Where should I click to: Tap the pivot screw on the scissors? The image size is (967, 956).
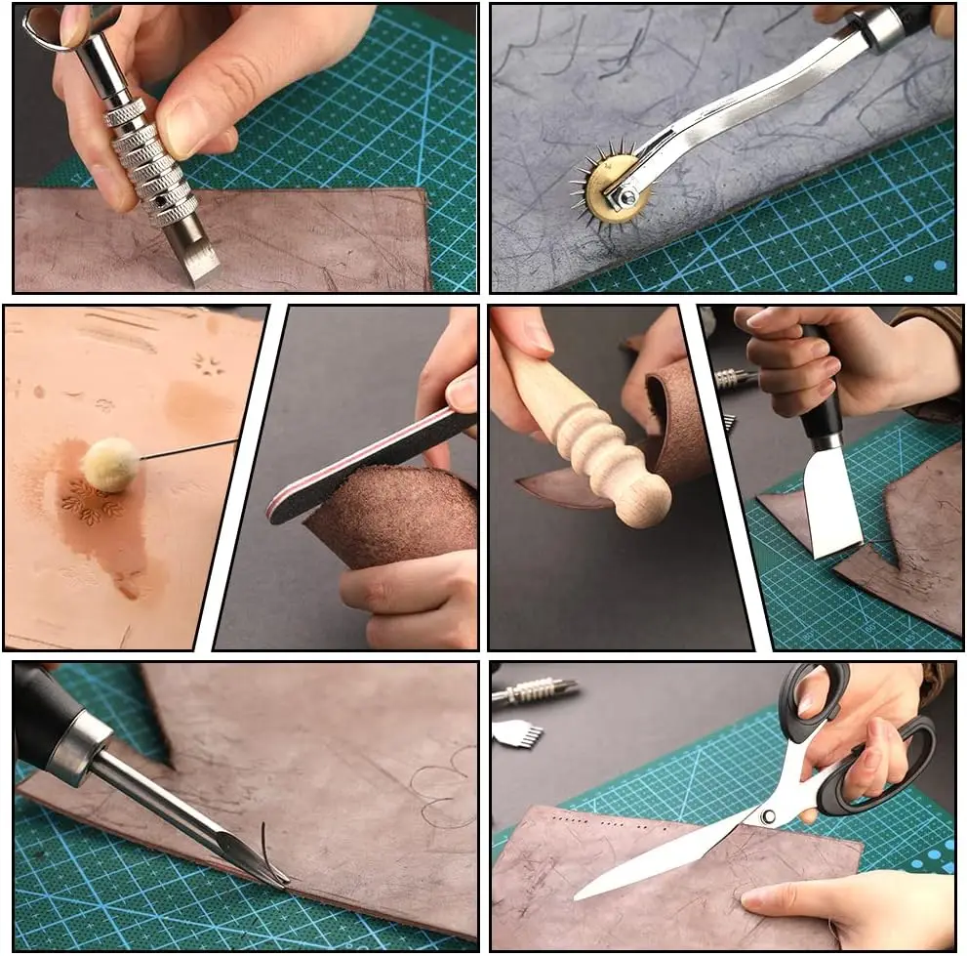coord(768,816)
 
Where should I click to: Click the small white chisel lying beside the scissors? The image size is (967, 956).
coord(517,733)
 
